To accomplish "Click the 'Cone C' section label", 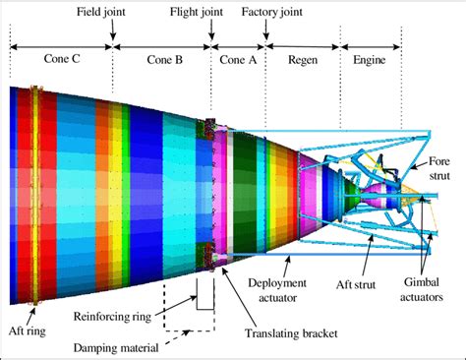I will point(61,58).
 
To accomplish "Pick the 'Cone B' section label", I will point(161,58).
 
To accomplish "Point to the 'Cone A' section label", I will point(237,58).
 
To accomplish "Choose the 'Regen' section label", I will point(302,58).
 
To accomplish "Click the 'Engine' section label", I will point(369,58).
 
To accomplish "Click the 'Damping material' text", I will point(113,346).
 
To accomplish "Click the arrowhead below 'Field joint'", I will point(112,38).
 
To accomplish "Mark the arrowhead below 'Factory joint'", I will point(266,38).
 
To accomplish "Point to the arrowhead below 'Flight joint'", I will point(209,38).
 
